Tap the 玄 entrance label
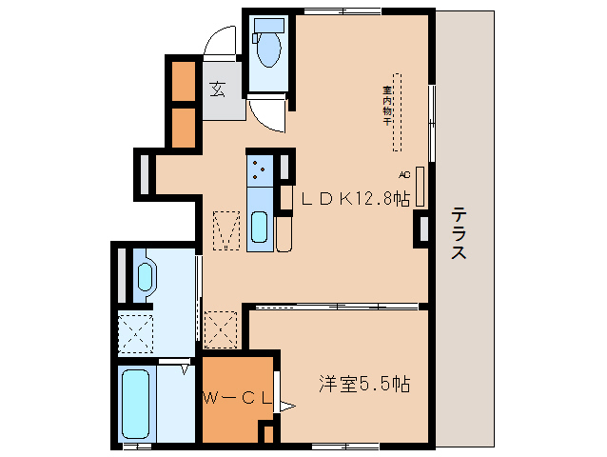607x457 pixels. pyautogui.click(x=218, y=89)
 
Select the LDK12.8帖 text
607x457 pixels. pyautogui.click(x=356, y=199)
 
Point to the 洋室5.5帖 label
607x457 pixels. pyautogui.click(x=364, y=385)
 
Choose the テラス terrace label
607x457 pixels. pyautogui.click(x=459, y=234)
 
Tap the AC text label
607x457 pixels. pyautogui.click(x=403, y=175)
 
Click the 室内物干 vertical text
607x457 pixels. pyautogui.click(x=388, y=106)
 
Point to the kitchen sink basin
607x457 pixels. pyautogui.click(x=259, y=228)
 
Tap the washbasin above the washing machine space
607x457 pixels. pyautogui.click(x=145, y=277)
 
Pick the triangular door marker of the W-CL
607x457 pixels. pyautogui.click(x=285, y=406)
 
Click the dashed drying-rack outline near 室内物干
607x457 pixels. pyautogui.click(x=399, y=112)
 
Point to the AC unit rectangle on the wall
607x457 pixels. pyautogui.click(x=420, y=182)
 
